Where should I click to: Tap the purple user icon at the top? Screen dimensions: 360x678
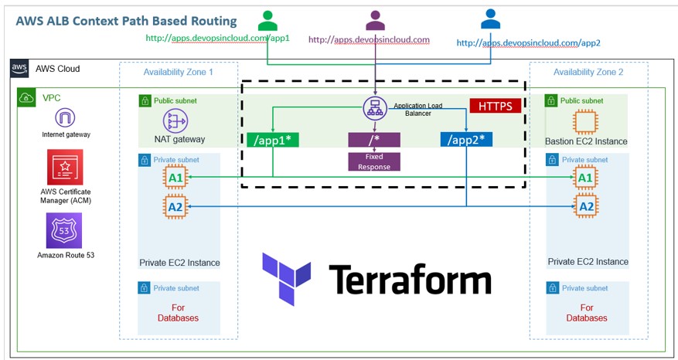click(376, 20)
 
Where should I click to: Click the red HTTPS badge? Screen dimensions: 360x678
click(495, 106)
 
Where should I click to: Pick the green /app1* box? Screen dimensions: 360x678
click(272, 140)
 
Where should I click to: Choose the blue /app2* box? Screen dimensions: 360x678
click(466, 140)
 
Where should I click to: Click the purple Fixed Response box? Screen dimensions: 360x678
click(374, 161)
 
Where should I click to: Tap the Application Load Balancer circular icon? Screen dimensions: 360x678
click(375, 109)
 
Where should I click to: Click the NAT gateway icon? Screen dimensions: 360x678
click(175, 121)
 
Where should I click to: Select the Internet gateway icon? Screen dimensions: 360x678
click(65, 118)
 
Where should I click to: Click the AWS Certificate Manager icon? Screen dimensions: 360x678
click(65, 167)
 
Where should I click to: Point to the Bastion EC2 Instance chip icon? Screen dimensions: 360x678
click(586, 122)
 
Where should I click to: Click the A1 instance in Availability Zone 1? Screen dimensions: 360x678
click(175, 178)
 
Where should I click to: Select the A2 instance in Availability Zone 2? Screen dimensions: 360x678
click(586, 206)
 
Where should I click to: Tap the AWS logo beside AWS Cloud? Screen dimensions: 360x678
click(20, 69)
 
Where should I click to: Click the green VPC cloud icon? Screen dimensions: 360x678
click(26, 97)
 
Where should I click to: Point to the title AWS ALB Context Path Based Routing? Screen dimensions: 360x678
click(127, 20)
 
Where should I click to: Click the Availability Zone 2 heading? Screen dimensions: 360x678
click(588, 72)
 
